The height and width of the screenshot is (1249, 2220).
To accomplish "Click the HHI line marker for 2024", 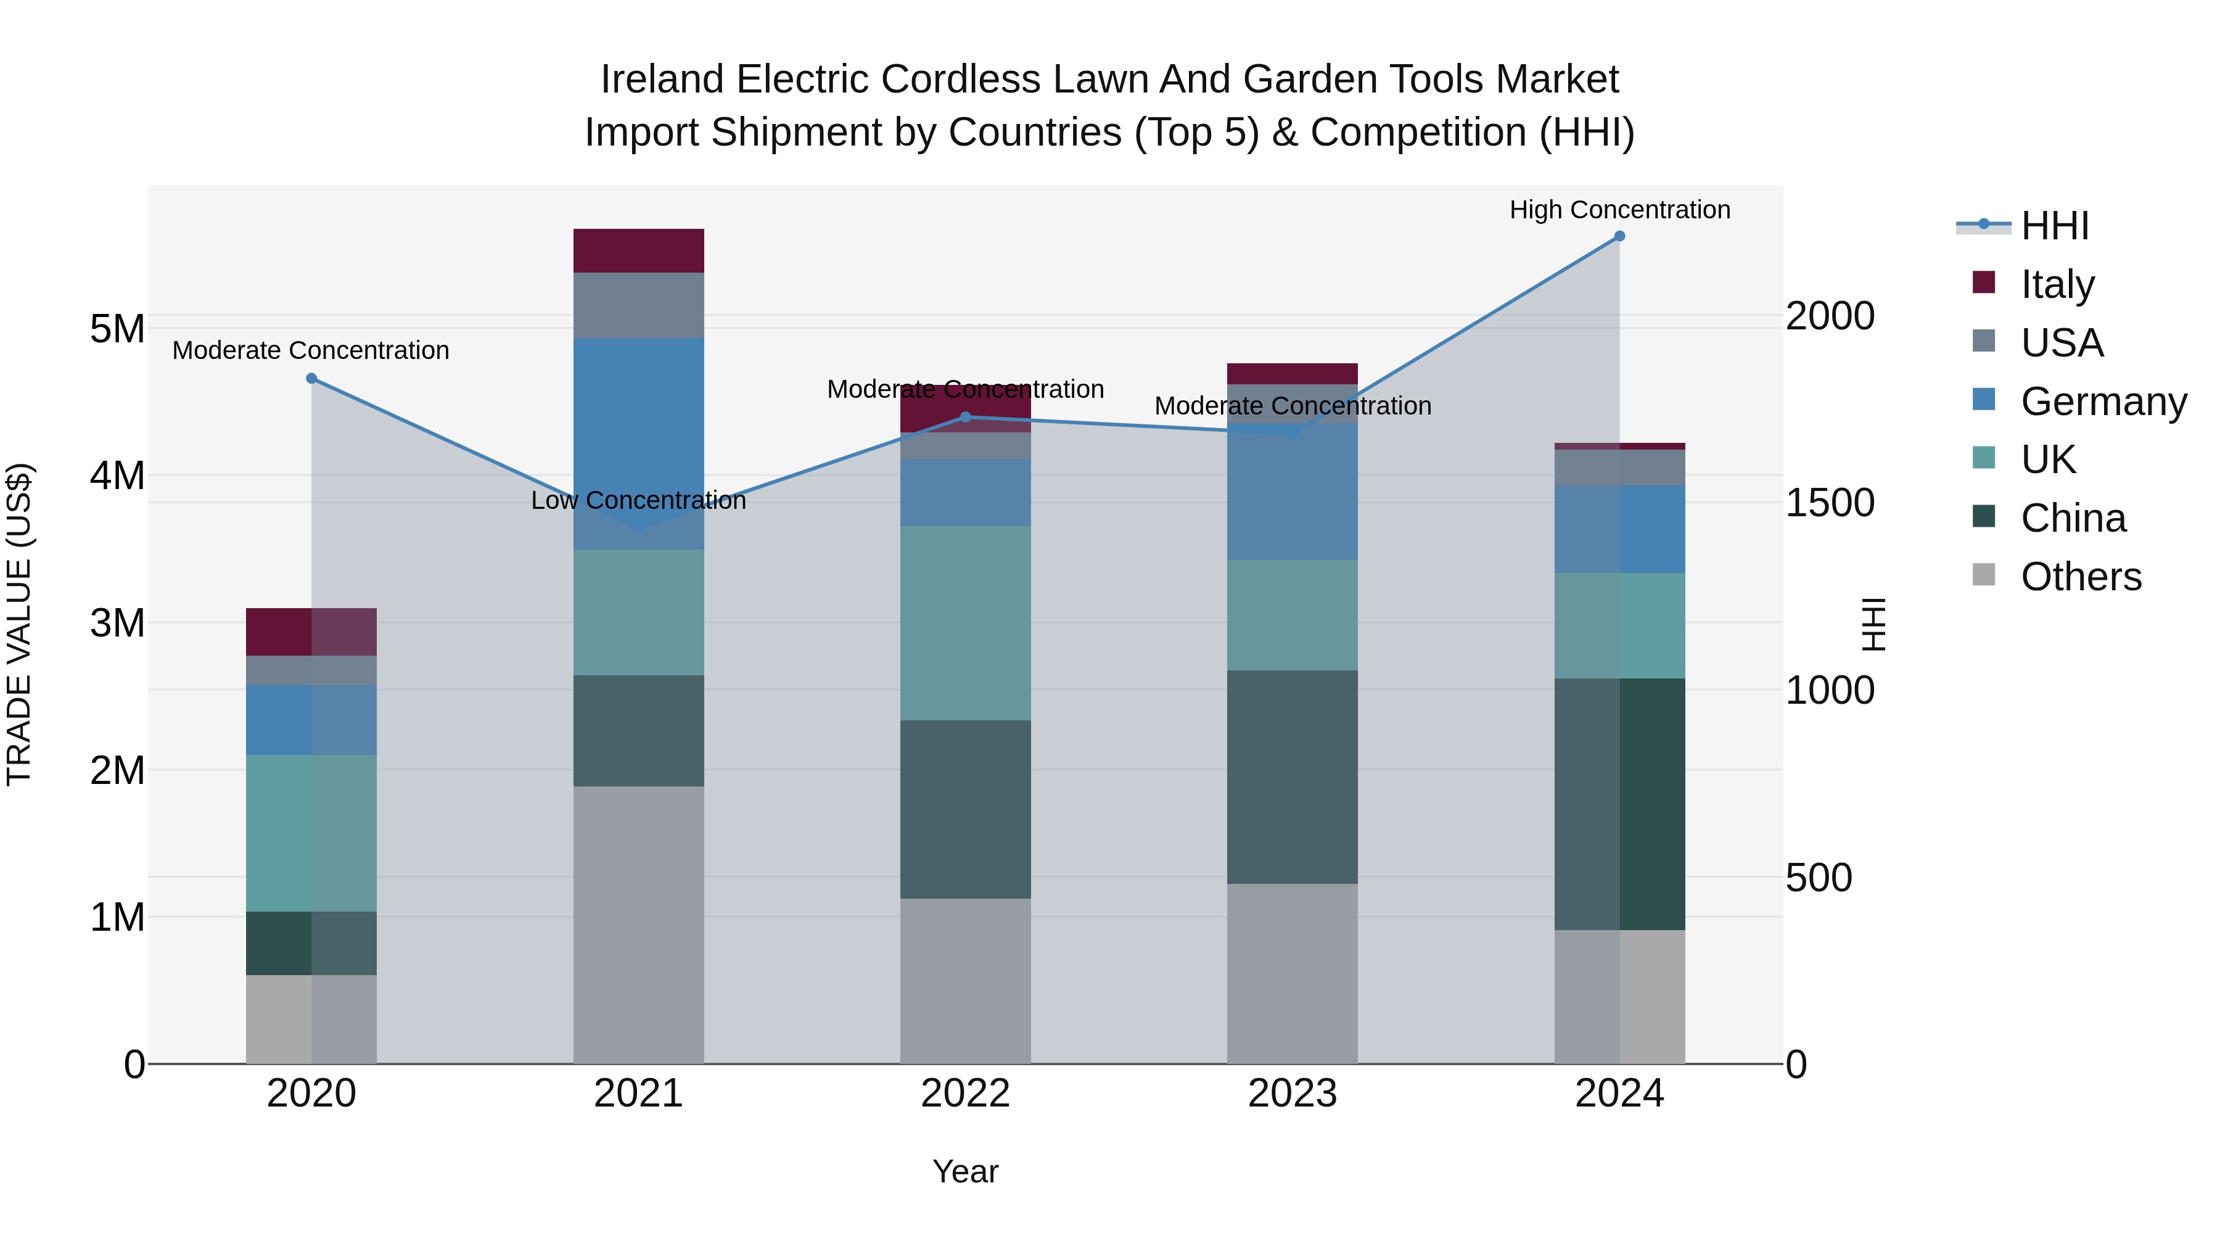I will (1619, 236).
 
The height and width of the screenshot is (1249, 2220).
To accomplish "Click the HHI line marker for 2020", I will (312, 379).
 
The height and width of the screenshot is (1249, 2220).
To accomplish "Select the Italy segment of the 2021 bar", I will (639, 251).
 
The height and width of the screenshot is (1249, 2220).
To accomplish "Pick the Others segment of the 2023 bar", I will (1292, 973).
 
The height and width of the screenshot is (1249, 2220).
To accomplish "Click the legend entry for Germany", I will (2103, 402).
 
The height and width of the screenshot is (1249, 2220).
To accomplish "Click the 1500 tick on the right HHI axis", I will (1830, 503).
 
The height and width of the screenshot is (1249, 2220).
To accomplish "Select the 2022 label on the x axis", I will (965, 1094).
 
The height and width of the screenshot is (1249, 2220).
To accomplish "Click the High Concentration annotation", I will (1619, 210).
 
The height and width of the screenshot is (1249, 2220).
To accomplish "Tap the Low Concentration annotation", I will (639, 500).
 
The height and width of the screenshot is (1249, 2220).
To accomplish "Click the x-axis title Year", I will (965, 1171).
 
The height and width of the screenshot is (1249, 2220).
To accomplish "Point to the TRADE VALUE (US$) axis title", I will (19, 624).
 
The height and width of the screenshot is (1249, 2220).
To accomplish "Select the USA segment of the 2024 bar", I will (1619, 467).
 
